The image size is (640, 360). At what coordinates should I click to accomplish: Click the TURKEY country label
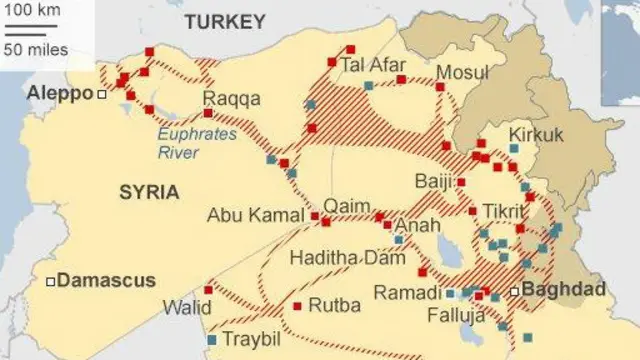click(x=225, y=21)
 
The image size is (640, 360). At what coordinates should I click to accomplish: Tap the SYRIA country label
click(x=150, y=191)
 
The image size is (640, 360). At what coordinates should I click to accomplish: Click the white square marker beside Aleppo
click(x=102, y=94)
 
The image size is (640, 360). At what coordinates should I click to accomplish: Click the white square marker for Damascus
click(x=50, y=281)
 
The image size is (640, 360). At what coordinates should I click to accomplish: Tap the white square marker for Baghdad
click(x=515, y=291)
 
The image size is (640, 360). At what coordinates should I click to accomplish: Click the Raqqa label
click(x=231, y=98)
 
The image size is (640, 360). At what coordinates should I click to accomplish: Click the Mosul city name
click(x=462, y=73)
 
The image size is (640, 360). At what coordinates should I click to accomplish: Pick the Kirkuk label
click(x=537, y=134)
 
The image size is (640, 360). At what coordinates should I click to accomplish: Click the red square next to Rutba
click(x=297, y=306)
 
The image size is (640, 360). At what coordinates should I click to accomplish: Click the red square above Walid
click(x=209, y=289)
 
